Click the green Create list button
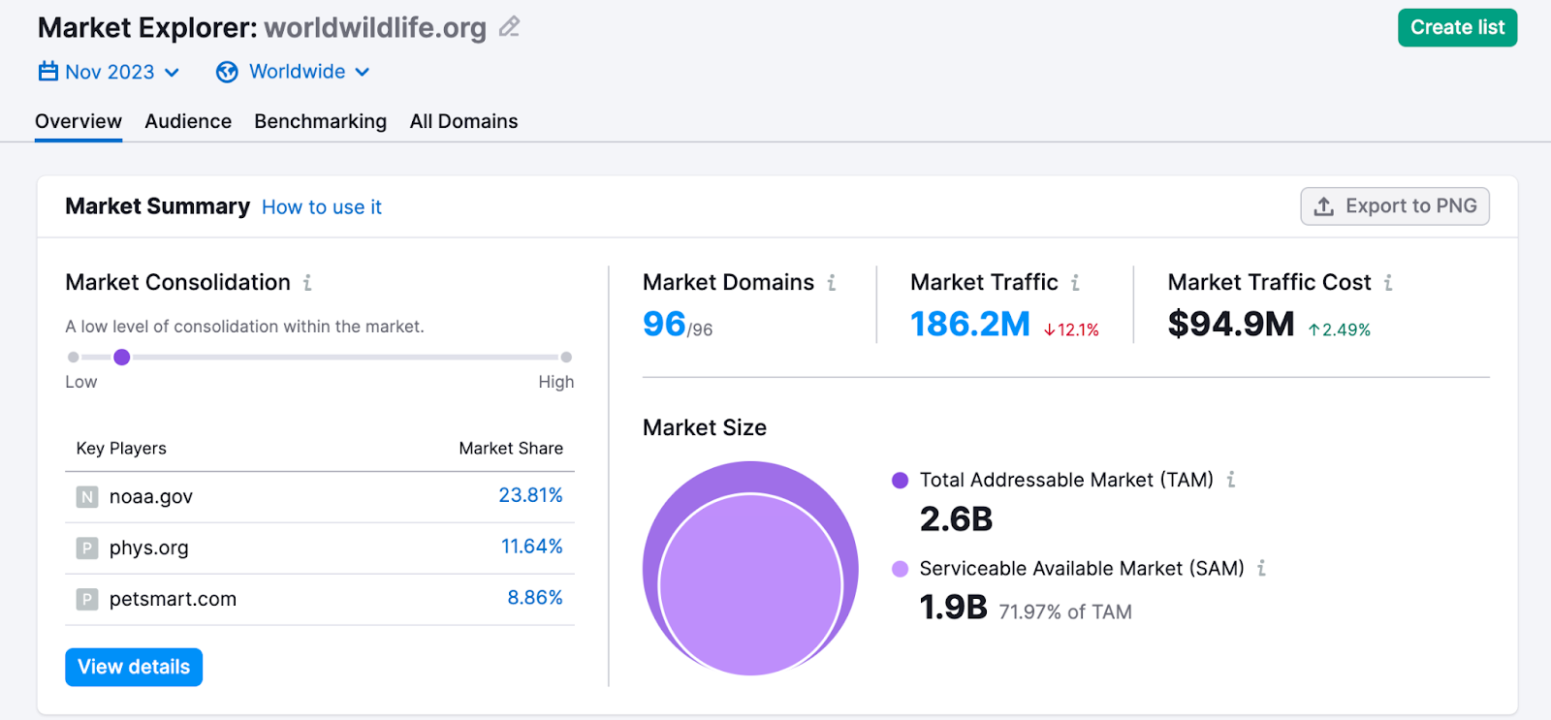1457,28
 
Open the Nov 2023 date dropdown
109,73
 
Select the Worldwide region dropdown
295,73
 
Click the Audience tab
188,122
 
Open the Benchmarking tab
320,122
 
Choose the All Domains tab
463,122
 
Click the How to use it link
322,207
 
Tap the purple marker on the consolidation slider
121,358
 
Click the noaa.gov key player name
151,497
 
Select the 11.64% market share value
531,547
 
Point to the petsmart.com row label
173,600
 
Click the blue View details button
134,668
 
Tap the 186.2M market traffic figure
969,325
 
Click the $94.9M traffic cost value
1231,325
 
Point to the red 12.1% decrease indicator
1071,330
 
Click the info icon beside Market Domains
832,283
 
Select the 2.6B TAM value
956,520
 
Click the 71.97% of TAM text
1065,612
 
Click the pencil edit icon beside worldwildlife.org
509,27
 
